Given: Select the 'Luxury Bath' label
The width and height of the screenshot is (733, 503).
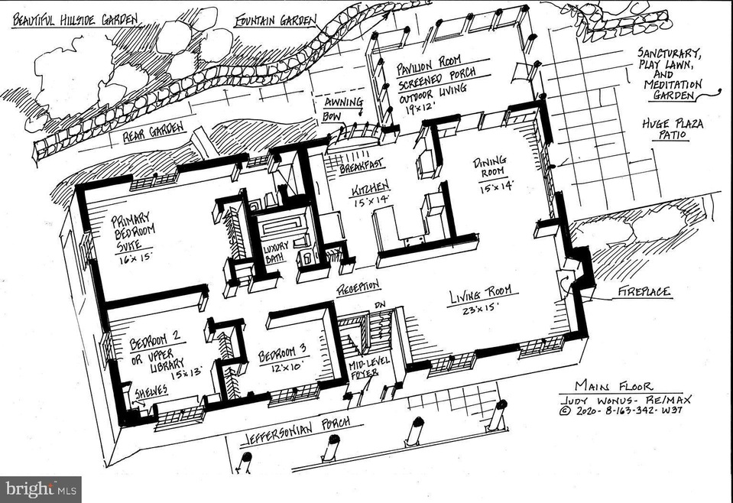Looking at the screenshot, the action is [276, 252].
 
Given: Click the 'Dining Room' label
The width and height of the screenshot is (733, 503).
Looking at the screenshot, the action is [490, 167].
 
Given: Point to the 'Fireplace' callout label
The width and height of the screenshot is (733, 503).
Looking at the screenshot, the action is [644, 292].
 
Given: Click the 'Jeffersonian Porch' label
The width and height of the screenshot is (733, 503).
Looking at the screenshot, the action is [297, 431].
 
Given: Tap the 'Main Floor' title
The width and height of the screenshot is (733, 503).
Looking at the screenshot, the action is [613, 387].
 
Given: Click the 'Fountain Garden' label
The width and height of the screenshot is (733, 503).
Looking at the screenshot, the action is [275, 20].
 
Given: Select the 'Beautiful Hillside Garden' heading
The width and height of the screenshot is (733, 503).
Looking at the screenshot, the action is [75, 20].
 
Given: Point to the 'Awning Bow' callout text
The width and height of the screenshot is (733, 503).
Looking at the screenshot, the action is [342, 109].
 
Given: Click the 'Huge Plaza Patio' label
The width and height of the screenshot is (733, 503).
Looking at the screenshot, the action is [672, 129].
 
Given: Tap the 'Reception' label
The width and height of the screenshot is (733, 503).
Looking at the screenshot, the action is [358, 288].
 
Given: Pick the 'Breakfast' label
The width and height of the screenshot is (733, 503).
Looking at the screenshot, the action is [362, 165].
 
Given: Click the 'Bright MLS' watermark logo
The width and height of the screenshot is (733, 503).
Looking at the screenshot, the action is [41, 489].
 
